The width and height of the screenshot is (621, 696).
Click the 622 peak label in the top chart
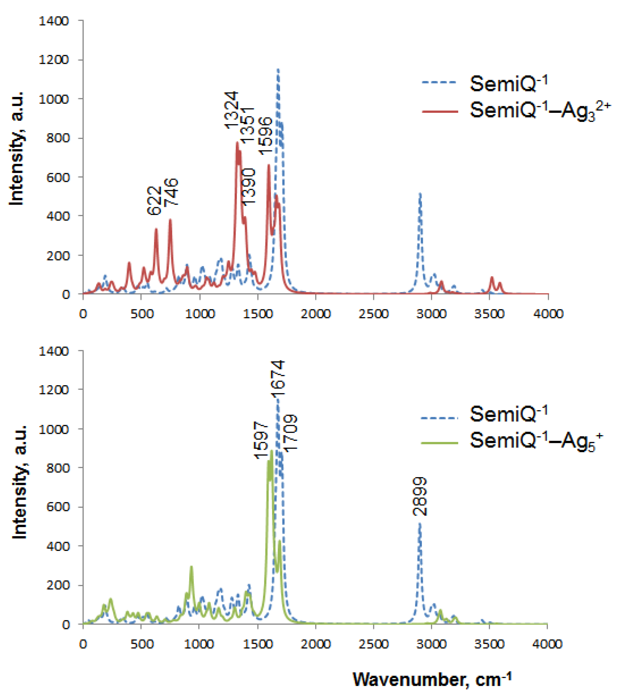point(154,200)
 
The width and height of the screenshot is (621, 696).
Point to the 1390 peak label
point(248,187)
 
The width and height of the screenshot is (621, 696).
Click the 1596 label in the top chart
point(265,136)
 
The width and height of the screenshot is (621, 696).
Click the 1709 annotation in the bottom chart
point(291,433)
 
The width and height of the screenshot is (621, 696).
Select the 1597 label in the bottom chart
point(261,440)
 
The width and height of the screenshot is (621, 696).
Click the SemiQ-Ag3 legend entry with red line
point(515,111)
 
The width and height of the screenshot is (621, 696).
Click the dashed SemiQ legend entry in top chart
point(484,83)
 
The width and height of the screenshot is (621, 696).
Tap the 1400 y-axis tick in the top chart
point(54,21)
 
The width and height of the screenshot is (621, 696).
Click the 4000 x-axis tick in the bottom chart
point(547,644)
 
